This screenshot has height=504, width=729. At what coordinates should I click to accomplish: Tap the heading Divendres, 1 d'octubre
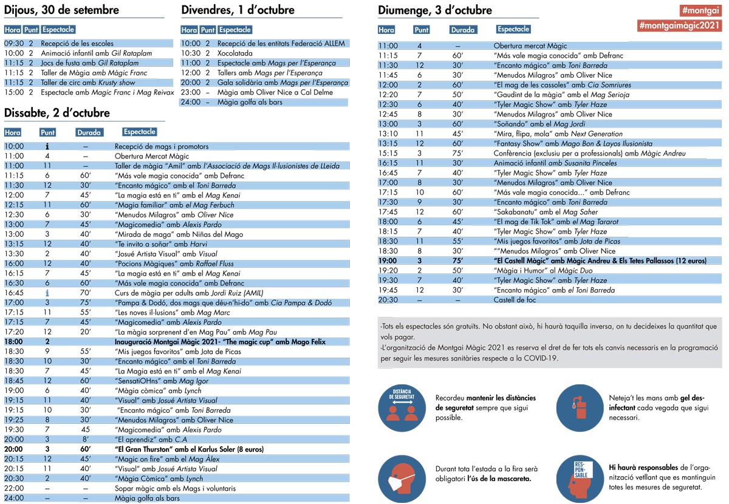point(238,10)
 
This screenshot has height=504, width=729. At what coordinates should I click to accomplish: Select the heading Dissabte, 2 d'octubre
point(56,113)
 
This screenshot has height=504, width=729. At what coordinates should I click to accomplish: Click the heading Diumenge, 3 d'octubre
point(435,10)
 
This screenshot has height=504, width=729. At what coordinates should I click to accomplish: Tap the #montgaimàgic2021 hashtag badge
point(679,26)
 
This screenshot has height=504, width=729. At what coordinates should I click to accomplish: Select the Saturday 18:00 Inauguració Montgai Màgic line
point(220,342)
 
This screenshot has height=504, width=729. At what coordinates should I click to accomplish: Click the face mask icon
point(402,476)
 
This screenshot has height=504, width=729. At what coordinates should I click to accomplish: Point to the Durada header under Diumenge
point(463,30)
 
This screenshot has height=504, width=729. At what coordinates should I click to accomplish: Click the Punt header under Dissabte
point(47,132)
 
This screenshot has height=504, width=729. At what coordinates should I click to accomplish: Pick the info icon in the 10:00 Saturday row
point(47,146)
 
